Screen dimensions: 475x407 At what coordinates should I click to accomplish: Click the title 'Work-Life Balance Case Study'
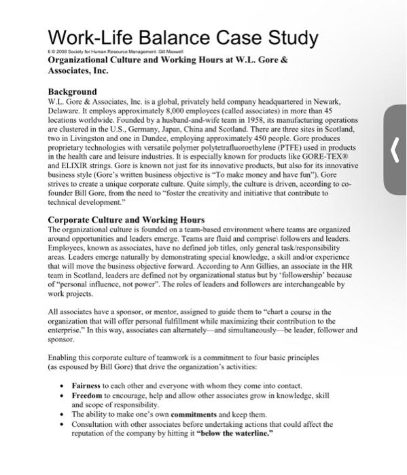point(182,36)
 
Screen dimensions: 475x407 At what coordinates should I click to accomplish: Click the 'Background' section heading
point(72,92)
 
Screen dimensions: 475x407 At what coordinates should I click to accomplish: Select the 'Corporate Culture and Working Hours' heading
point(126,220)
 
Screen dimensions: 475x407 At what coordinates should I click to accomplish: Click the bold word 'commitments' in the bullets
point(190,413)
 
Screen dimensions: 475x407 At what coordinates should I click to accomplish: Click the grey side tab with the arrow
point(395,149)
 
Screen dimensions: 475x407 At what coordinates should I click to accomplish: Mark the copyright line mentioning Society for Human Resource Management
point(108,52)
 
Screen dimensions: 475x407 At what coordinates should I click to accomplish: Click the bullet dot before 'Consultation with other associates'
point(63,423)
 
